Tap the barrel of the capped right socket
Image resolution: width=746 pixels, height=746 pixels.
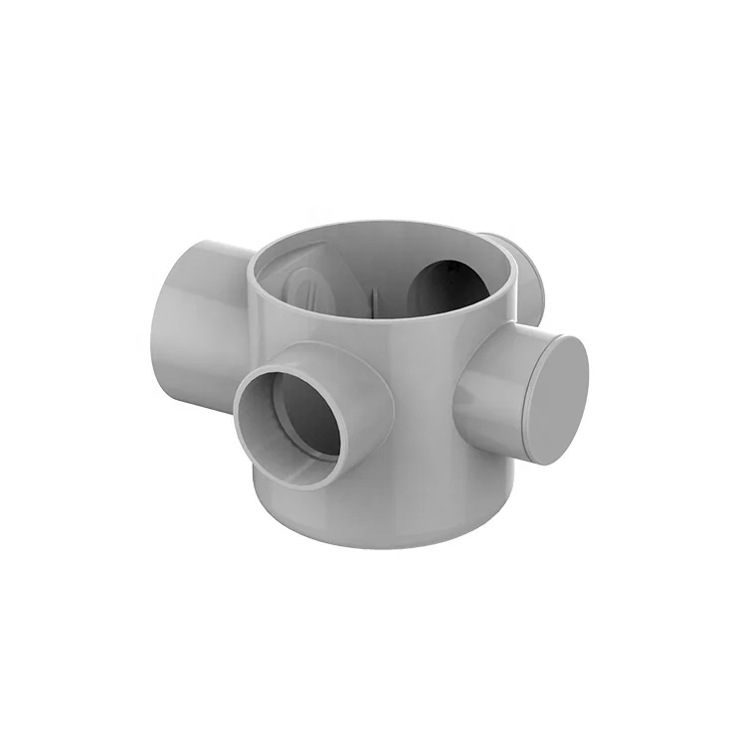[492, 378]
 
